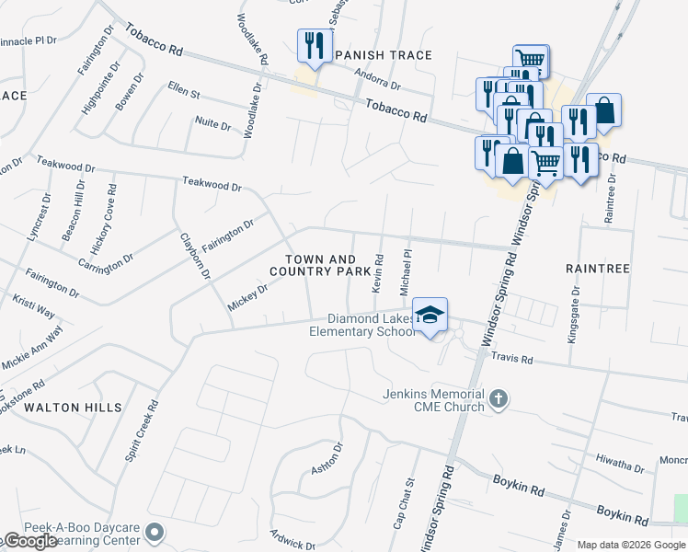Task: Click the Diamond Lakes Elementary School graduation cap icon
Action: [x=430, y=316]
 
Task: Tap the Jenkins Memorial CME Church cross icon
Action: [x=499, y=398]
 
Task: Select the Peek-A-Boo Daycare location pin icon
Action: [x=155, y=532]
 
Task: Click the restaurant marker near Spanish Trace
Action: [x=313, y=45]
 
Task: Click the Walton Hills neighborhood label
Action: [x=73, y=407]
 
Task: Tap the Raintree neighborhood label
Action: [x=598, y=269]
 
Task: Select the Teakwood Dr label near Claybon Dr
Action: [x=212, y=184]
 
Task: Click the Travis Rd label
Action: [x=512, y=357]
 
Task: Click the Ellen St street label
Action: [x=183, y=93]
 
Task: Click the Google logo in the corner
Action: [x=29, y=541]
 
